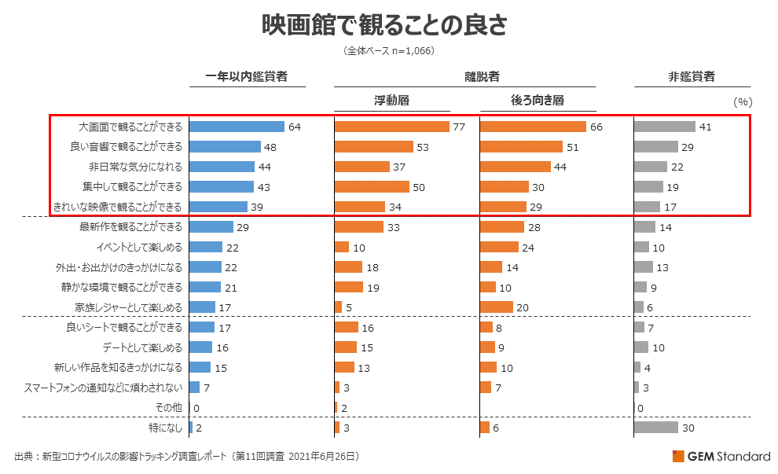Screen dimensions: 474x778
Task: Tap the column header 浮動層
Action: tap(391, 101)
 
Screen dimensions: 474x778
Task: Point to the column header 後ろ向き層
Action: tap(538, 101)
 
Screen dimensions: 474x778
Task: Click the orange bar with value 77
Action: tap(391, 127)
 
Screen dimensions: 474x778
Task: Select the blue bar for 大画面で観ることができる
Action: tap(237, 127)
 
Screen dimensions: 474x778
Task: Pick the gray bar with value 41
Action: tap(664, 127)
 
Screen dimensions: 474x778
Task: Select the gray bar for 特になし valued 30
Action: tap(656, 428)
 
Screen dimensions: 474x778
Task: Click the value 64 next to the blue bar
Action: tap(295, 127)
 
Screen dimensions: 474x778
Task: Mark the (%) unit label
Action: tap(743, 101)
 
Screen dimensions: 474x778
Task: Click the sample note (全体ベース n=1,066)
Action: tap(389, 51)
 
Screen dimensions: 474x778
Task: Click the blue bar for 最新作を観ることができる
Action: tap(211, 227)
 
